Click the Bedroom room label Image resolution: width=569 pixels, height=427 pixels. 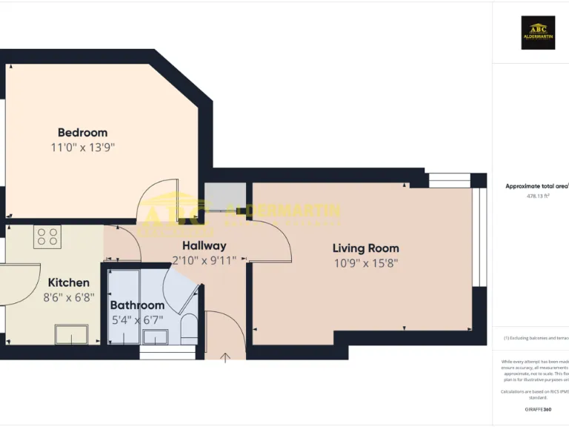82,133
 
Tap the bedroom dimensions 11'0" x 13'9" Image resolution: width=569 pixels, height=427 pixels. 82,148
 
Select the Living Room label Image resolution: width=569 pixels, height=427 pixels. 365,248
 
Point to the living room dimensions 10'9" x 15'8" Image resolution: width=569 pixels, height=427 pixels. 365,262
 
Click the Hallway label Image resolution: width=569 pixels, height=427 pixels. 204,245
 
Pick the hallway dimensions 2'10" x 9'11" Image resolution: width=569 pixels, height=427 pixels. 204,260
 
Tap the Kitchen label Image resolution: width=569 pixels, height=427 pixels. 69,282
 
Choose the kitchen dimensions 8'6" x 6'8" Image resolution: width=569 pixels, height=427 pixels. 69,297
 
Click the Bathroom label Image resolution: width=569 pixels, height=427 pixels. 137,305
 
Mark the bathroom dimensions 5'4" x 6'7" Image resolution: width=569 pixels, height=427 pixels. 137,320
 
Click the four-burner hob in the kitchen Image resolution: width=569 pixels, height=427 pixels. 47,237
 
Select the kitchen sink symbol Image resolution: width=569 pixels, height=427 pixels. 71,334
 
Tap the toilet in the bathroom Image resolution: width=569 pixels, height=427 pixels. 189,327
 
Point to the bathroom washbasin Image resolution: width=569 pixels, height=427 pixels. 155,337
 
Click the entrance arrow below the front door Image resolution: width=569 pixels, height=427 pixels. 225,357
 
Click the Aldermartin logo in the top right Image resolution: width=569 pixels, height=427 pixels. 538,33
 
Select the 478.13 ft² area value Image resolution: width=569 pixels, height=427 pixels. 537,196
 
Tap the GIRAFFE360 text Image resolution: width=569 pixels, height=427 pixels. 538,410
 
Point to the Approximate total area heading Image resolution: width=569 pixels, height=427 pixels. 537,187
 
